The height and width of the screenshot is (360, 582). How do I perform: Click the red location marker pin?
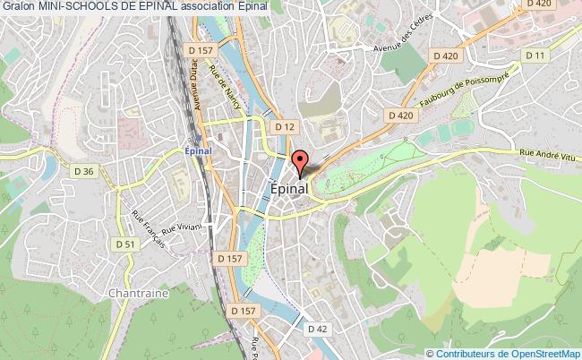(301, 160)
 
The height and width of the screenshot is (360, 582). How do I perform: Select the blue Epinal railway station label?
(197, 150)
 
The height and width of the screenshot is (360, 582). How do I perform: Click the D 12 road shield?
(285, 127)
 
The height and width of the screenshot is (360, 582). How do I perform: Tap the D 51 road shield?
(125, 243)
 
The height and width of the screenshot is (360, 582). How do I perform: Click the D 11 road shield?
(535, 56)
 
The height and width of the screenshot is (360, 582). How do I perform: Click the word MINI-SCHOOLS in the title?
(73, 6)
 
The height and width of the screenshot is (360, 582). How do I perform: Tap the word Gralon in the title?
(16, 6)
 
